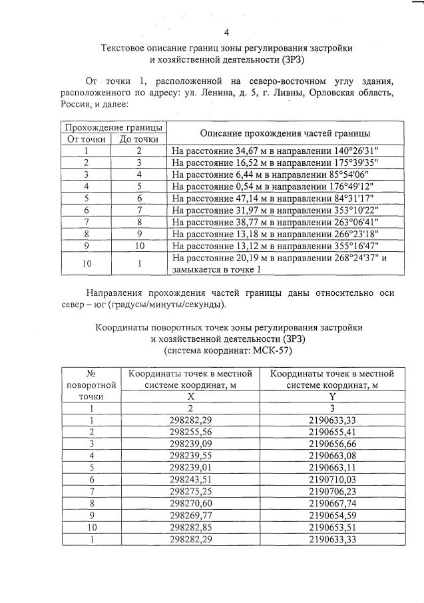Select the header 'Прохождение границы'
[112, 127]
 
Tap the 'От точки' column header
[87, 139]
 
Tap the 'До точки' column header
[138, 139]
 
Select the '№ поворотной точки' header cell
[91, 385]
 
